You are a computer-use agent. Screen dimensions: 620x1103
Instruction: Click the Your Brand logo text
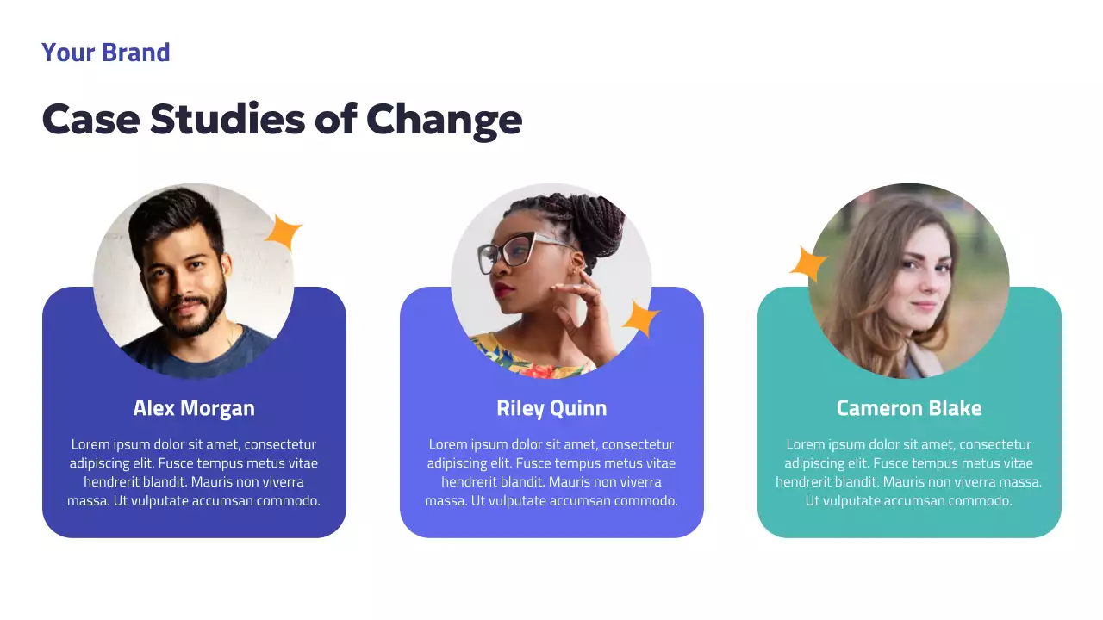(105, 53)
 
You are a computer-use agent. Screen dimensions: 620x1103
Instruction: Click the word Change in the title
(444, 119)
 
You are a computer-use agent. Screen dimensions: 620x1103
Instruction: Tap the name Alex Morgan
(194, 408)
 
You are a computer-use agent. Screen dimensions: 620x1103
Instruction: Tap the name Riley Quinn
(551, 408)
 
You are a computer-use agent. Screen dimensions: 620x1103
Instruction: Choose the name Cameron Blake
(909, 408)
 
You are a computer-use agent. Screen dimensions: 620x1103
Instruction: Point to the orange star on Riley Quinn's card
(640, 319)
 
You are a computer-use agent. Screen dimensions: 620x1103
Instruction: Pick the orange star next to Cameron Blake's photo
(807, 263)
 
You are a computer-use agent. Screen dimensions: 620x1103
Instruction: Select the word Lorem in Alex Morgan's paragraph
(90, 445)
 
